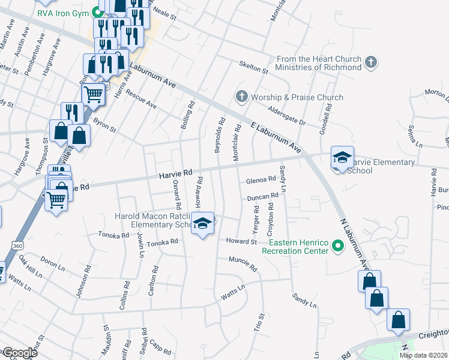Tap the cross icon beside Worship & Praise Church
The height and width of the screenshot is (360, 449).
pyautogui.click(x=241, y=97)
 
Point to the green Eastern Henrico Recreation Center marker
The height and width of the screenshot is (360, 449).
pyautogui.click(x=338, y=245)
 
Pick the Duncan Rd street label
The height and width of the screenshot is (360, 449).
pyautogui.click(x=263, y=196)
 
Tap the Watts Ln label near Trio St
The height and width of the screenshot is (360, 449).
pyautogui.click(x=234, y=293)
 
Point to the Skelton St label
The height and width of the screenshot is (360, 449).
pyautogui.click(x=253, y=68)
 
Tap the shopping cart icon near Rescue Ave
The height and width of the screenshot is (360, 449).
pyautogui.click(x=93, y=94)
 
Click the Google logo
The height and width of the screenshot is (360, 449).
pyautogui.click(x=20, y=353)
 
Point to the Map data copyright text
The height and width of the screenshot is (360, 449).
pyautogui.click(x=423, y=355)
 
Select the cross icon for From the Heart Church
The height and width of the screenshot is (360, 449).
pyautogui.click(x=371, y=61)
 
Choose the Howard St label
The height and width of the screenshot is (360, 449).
pyautogui.click(x=241, y=241)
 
